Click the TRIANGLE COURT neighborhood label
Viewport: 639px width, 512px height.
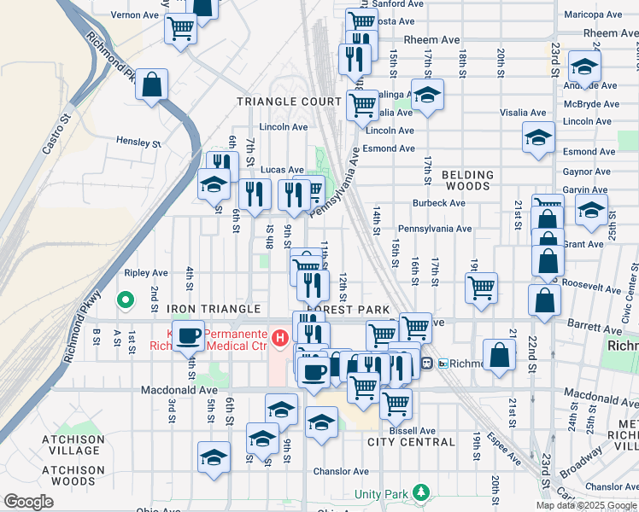pyautogui.click(x=289, y=101)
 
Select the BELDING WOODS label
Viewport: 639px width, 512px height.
pyautogui.click(x=467, y=180)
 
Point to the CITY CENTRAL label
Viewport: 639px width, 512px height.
pyautogui.click(x=411, y=442)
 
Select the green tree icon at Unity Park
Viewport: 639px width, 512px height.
pyautogui.click(x=419, y=492)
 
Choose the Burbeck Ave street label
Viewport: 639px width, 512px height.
pyautogui.click(x=438, y=204)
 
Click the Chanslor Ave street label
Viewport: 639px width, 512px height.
pyautogui.click(x=340, y=471)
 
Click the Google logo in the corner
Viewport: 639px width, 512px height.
pyautogui.click(x=28, y=502)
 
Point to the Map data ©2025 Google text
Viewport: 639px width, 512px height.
pyautogui.click(x=586, y=505)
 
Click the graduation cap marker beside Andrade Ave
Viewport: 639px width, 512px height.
pyautogui.click(x=584, y=65)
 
